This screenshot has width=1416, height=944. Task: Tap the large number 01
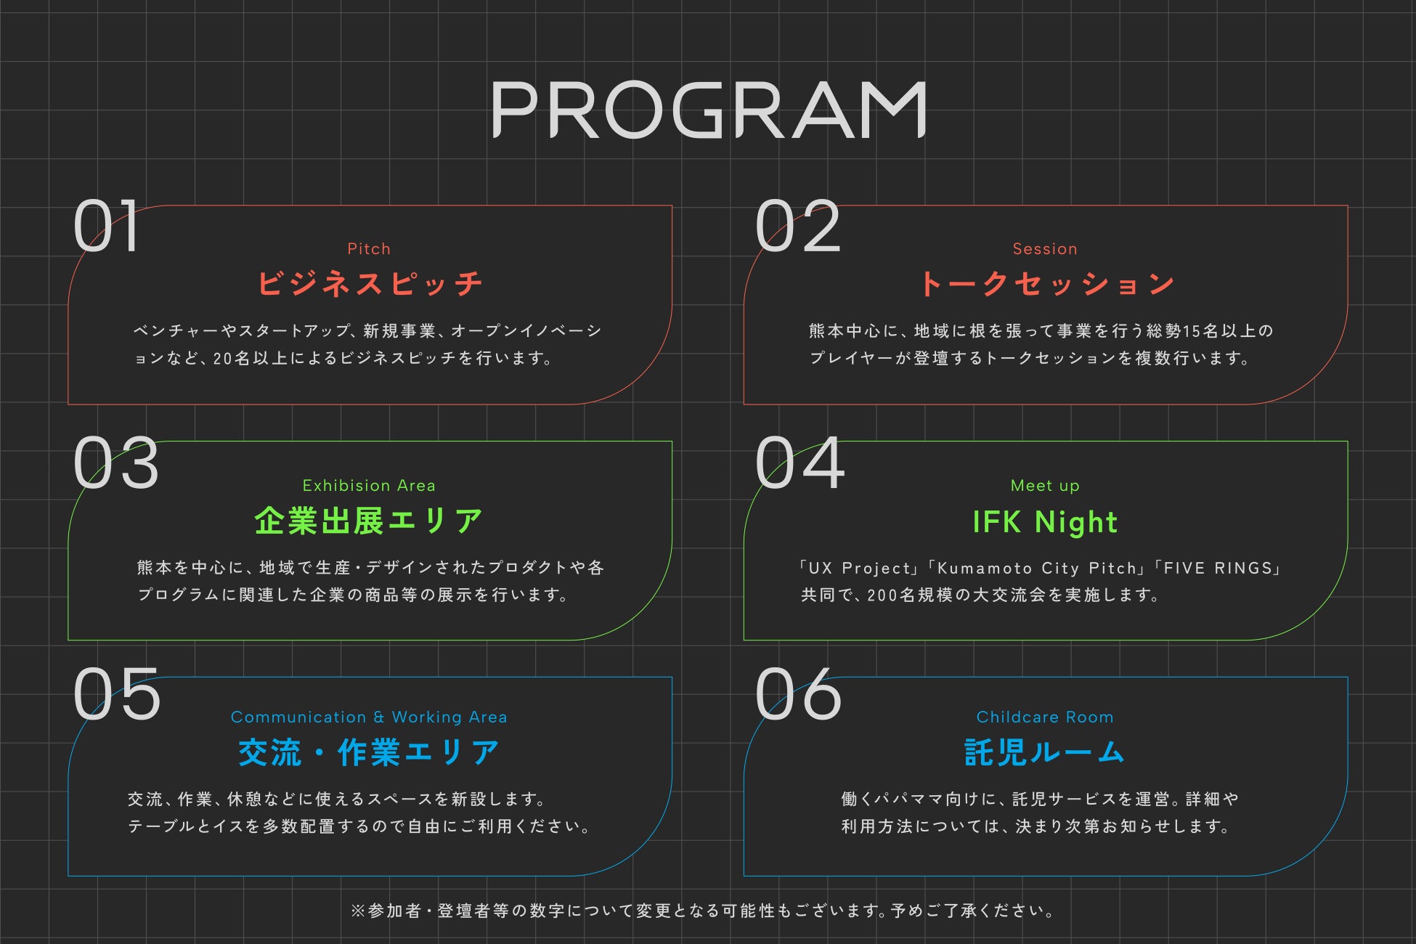click(x=106, y=227)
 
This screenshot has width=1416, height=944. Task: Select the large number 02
click(x=797, y=227)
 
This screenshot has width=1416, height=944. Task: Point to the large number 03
click(x=116, y=463)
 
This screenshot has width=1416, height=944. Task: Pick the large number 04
click(x=799, y=463)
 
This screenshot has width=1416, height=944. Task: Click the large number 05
click(x=116, y=695)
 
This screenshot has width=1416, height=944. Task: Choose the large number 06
click(x=797, y=695)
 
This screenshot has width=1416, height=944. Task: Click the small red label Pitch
click(x=369, y=249)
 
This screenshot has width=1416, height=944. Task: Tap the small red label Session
click(x=1045, y=249)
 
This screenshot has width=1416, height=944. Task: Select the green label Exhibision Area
click(x=369, y=486)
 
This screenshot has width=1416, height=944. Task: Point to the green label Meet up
click(x=1045, y=486)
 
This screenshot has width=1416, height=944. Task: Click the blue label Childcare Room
click(x=1045, y=717)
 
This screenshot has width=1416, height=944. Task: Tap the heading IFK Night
click(x=1045, y=522)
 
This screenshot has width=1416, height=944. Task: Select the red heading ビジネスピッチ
click(x=369, y=283)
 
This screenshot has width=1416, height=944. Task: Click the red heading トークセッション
click(x=1045, y=283)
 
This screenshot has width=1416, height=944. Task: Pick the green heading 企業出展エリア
click(x=369, y=521)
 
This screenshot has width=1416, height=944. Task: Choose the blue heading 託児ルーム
click(x=1045, y=752)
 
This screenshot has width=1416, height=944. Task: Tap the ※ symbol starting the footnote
click(x=357, y=911)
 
